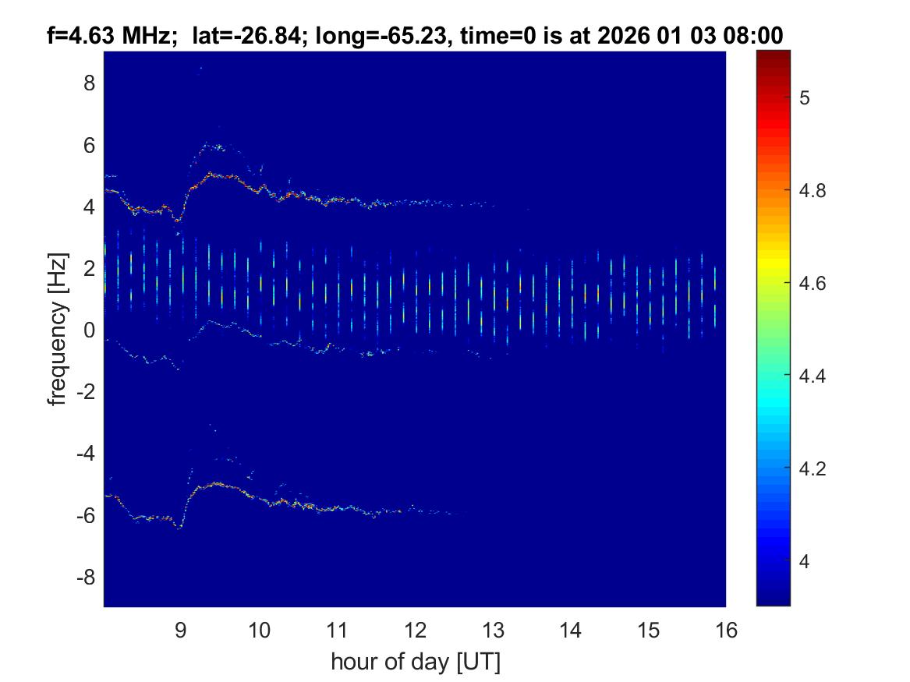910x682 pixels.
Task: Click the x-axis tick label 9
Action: pyautogui.click(x=181, y=630)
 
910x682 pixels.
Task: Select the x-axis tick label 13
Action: pyautogui.click(x=493, y=630)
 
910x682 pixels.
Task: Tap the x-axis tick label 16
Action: pyautogui.click(x=726, y=630)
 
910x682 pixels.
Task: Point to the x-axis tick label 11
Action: pyautogui.click(x=337, y=630)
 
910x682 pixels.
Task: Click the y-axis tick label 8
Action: pyautogui.click(x=90, y=83)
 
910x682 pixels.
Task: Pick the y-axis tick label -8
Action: pyautogui.click(x=86, y=578)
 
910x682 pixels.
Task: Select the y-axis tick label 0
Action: pyautogui.click(x=90, y=330)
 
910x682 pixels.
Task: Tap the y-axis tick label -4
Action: pyautogui.click(x=86, y=454)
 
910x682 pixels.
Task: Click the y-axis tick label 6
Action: pyautogui.click(x=90, y=145)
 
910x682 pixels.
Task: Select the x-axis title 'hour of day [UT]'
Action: pyautogui.click(x=415, y=663)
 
